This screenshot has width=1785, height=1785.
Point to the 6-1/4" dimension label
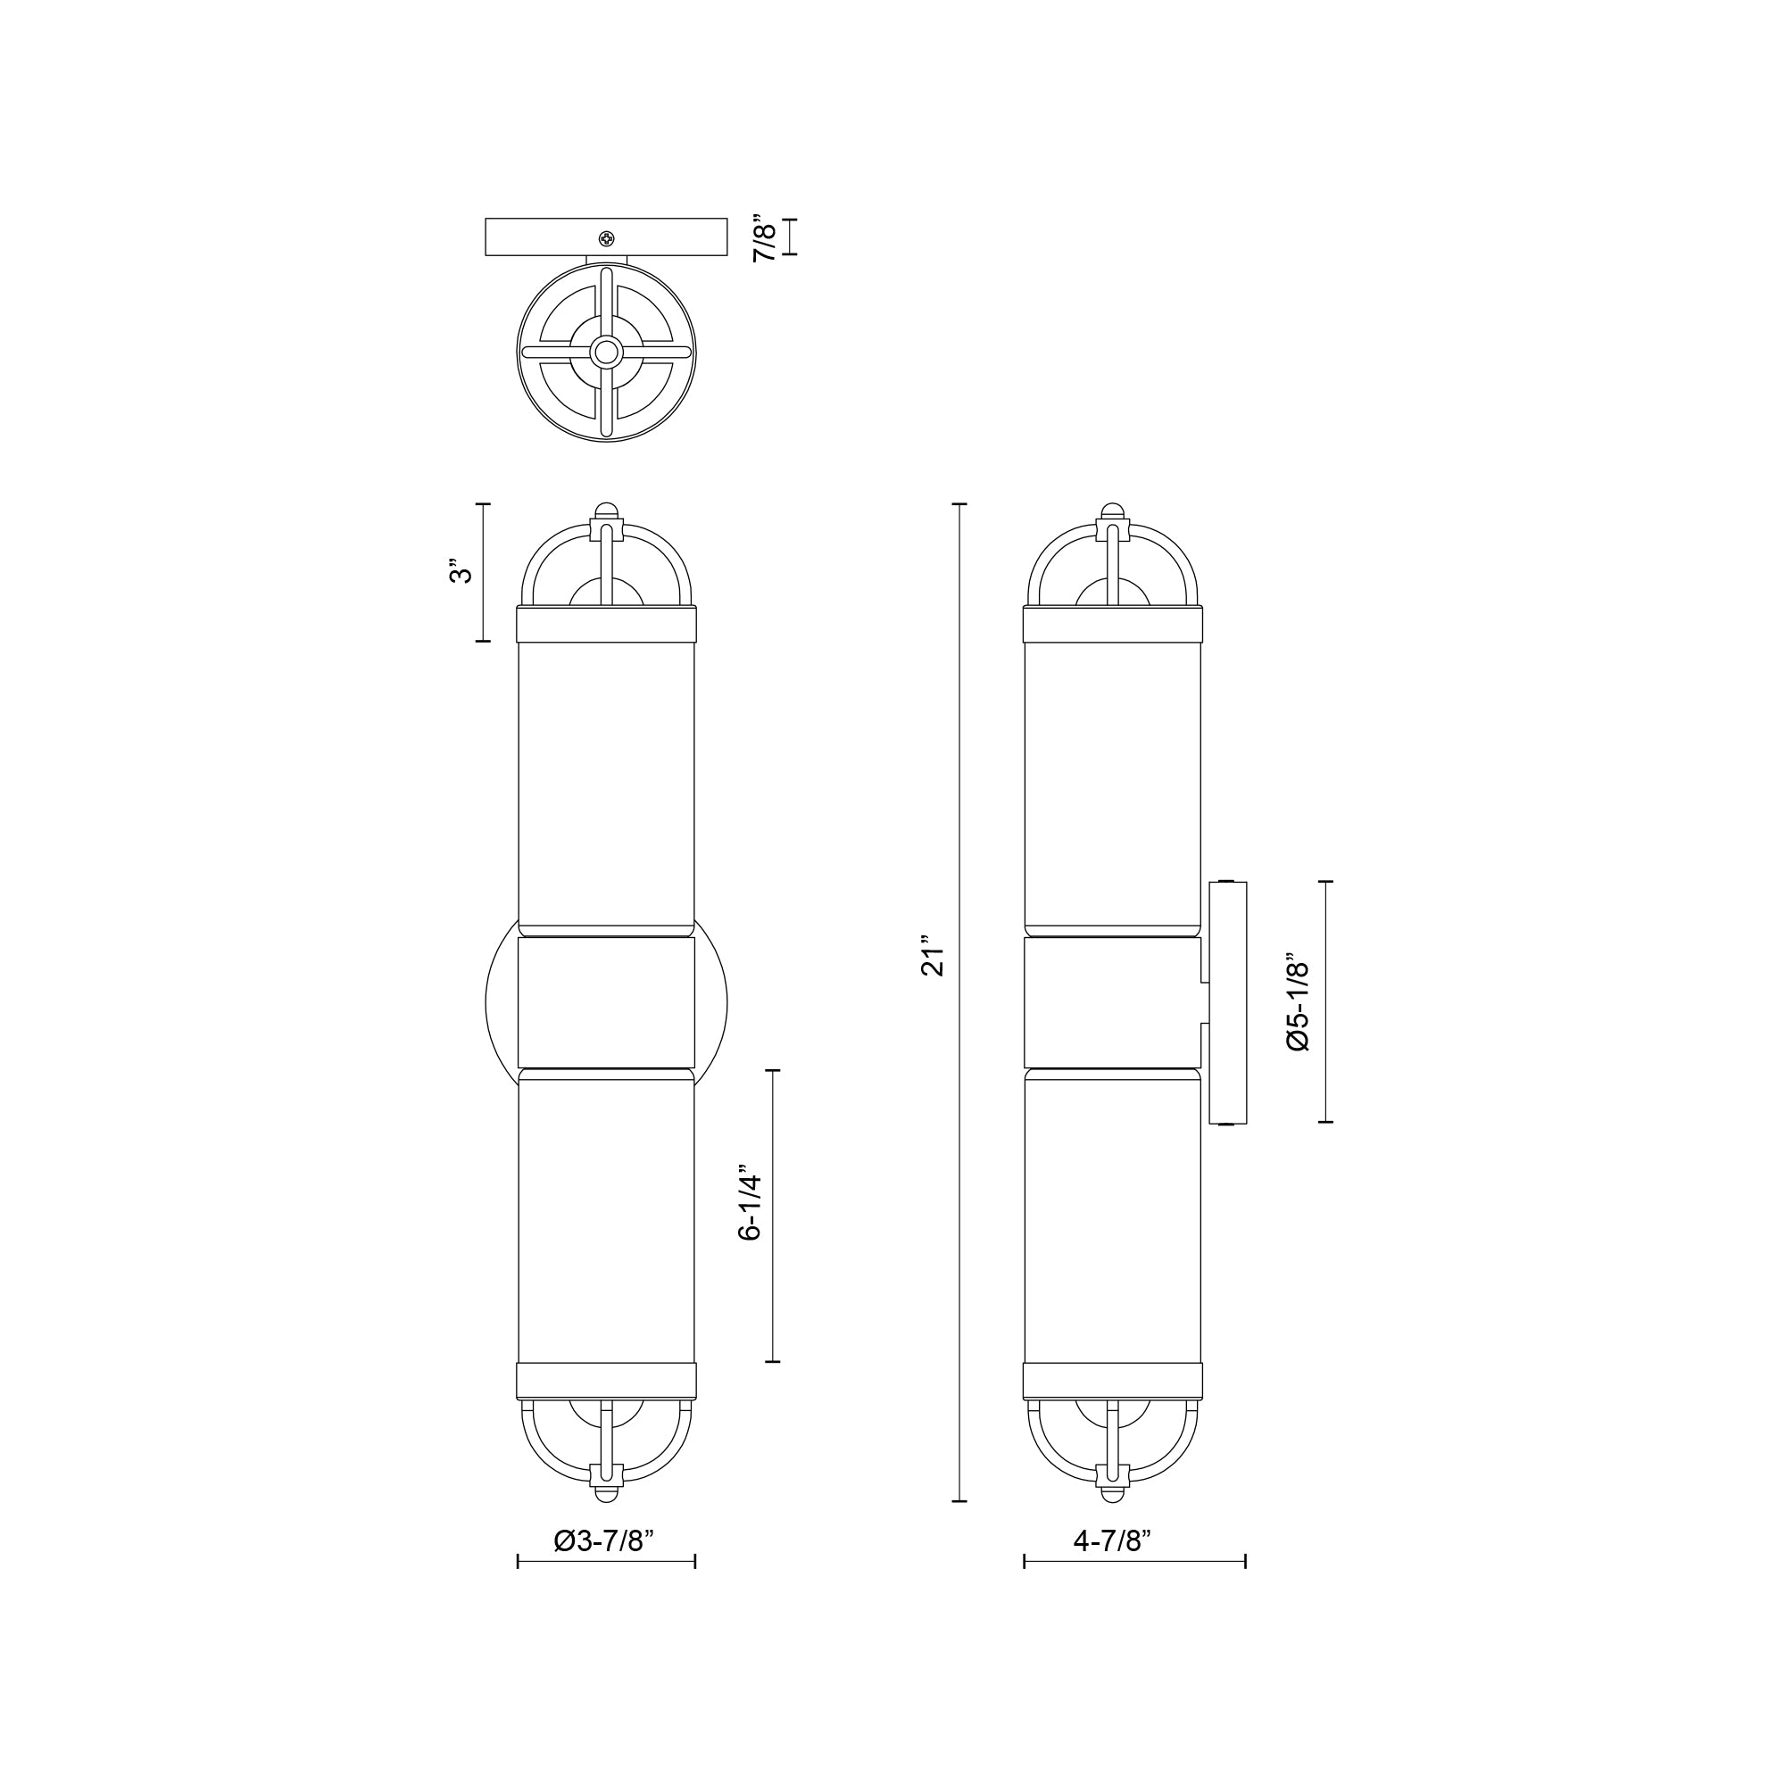tap(751, 1207)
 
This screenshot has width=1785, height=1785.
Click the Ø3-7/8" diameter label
tap(604, 1540)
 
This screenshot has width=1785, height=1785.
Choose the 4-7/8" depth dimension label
tap(1112, 1540)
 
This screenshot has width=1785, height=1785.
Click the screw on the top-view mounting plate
tap(606, 239)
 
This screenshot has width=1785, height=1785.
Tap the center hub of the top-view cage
tap(606, 351)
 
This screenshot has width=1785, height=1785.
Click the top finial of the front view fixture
tap(606, 511)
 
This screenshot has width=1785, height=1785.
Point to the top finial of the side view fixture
tap(1112, 511)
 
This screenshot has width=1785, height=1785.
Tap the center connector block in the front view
tap(606, 1002)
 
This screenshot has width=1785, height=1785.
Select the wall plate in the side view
tap(1228, 1002)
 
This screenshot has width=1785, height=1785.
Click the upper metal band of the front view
tap(606, 625)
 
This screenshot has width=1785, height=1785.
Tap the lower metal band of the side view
tap(1112, 1380)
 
